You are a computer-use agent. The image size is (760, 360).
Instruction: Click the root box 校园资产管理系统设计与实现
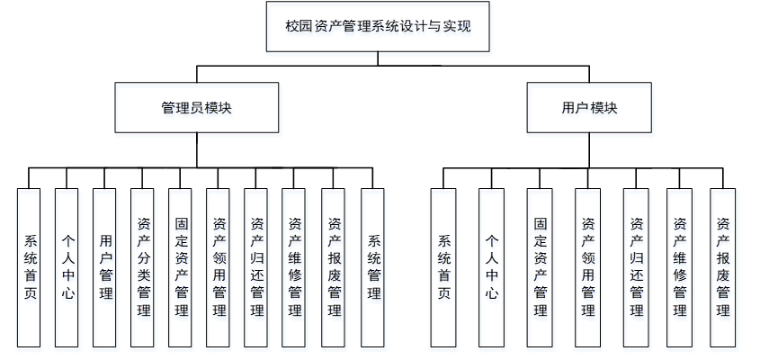378,27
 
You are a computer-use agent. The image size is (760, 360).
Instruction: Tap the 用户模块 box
589,107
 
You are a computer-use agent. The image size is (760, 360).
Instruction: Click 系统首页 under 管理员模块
30,267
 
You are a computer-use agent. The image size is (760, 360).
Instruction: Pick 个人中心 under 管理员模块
67,267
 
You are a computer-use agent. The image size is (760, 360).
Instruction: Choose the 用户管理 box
105,267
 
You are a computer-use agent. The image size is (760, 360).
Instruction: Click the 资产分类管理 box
143,267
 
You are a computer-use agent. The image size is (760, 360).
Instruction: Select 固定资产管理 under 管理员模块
181,267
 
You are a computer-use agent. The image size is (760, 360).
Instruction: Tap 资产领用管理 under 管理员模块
219,267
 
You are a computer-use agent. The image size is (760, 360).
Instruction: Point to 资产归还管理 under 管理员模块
256,267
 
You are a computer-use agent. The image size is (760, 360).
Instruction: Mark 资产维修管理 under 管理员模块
294,267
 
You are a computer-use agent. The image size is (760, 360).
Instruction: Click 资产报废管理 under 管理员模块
334,267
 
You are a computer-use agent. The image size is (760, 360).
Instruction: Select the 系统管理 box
373,267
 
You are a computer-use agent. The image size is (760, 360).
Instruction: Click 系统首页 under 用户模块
443,267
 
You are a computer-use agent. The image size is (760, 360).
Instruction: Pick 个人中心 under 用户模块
491,267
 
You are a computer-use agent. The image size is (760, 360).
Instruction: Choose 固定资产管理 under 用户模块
540,267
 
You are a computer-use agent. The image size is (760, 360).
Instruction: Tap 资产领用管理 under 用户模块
588,267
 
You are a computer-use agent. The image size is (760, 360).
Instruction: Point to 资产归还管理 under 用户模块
636,267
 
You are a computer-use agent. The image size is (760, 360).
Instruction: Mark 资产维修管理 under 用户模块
679,267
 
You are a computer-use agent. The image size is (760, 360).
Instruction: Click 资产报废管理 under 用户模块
722,267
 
